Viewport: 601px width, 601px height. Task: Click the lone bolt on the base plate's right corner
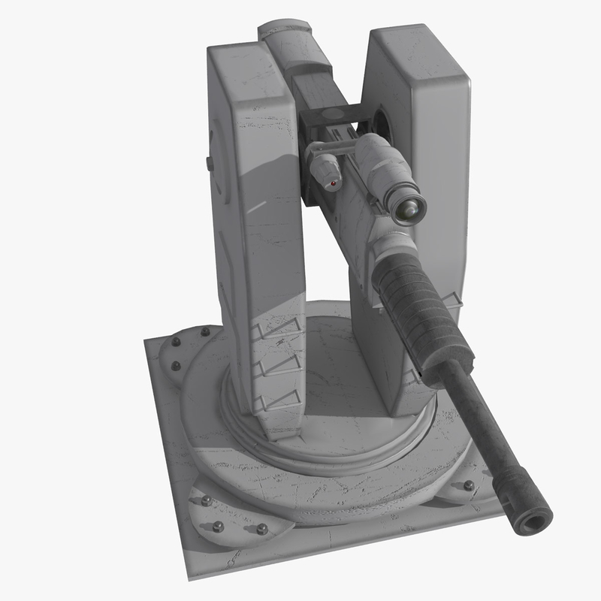(x=470, y=485)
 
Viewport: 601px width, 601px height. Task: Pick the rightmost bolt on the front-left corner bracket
(x=262, y=530)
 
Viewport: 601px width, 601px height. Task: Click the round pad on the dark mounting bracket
(x=331, y=114)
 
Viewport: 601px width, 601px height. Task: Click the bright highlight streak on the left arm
(x=255, y=206)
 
